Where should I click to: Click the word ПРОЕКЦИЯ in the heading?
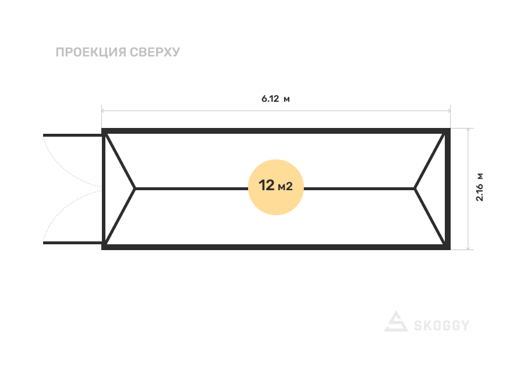point(91,52)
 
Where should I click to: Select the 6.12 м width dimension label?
point(275,99)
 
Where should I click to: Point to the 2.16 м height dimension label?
point(480,187)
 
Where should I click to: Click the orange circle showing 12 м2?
point(276,187)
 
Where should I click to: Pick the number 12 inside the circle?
point(267,186)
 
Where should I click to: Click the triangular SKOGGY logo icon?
point(396,322)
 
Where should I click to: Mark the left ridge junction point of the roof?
point(136,188)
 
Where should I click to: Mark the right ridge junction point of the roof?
point(415,188)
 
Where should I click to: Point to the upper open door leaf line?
point(73,135)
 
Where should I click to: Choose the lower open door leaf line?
point(73,241)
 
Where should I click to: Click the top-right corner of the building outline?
point(448,130)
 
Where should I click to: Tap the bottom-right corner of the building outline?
point(448,247)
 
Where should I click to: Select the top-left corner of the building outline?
point(104,130)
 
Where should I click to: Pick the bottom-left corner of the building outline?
point(104,247)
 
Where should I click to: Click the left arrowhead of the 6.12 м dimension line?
point(103,110)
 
